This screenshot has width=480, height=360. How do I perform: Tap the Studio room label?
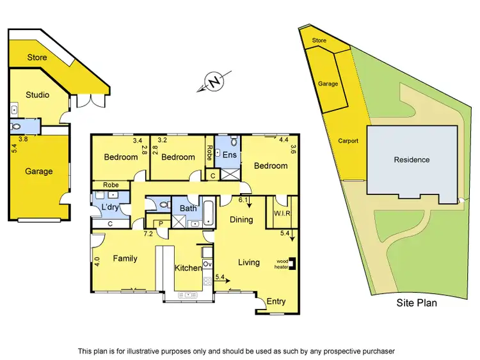pyautogui.click(x=37, y=95)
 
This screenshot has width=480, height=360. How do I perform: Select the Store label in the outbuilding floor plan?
pyautogui.click(x=37, y=58)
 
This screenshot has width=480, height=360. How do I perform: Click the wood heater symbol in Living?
pyautogui.click(x=292, y=263)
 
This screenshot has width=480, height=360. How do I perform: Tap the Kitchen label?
pyautogui.click(x=189, y=268)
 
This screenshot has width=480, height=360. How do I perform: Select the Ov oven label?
pyautogui.click(x=207, y=263)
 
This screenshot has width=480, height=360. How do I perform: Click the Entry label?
pyautogui.click(x=276, y=302)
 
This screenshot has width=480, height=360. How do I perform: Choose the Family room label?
pyautogui.click(x=125, y=258)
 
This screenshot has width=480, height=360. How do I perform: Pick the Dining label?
pyautogui.click(x=241, y=219)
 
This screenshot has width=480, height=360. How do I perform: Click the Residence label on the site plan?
pyautogui.click(x=412, y=160)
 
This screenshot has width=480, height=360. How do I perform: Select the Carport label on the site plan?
pyautogui.click(x=348, y=141)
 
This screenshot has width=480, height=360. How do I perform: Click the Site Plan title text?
pyautogui.click(x=416, y=302)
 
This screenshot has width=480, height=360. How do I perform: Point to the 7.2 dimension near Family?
pyautogui.click(x=147, y=234)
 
